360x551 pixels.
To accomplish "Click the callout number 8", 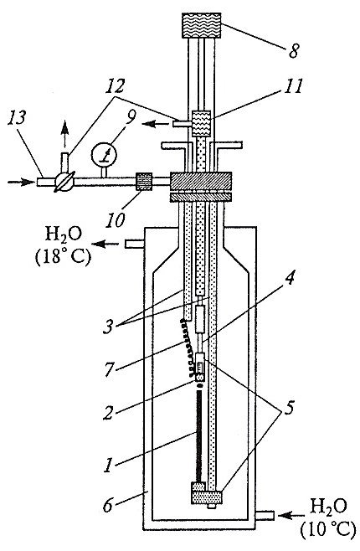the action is coord(293,50).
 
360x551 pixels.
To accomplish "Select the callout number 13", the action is coord(18,118).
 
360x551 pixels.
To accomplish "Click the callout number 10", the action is coord(117,220).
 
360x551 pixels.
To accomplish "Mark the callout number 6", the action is coord(107,506).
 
